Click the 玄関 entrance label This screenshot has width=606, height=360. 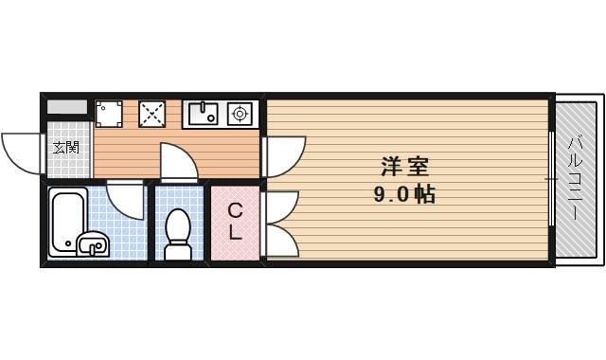point(65,148)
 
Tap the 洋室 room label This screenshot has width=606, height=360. point(405,167)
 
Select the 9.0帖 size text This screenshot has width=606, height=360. point(405,195)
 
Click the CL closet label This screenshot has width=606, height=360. point(235,221)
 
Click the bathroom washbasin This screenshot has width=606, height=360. point(92,245)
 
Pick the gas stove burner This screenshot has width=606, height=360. point(241,115)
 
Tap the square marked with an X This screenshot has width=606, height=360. point(151,114)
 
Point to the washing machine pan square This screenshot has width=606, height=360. point(109,114)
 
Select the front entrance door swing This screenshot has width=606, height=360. point(22,152)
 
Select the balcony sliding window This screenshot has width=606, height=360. point(551,178)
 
